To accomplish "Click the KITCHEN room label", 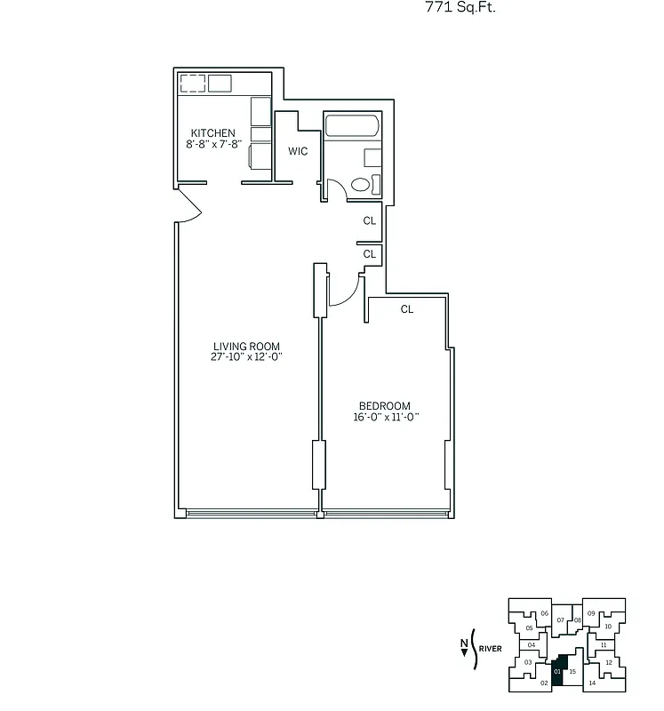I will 212,133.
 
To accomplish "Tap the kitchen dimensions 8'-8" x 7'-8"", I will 213,144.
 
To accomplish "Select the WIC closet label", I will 298,151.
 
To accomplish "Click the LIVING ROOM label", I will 246,347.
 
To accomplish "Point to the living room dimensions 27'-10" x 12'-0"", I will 246,357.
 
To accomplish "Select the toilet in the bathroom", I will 361,185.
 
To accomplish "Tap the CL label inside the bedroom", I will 407,309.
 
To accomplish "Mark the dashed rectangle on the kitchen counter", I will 193,84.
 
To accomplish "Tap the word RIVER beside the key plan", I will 490,649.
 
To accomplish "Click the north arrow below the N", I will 463,653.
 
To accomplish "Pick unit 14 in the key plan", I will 592,683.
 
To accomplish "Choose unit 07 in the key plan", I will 561,619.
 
